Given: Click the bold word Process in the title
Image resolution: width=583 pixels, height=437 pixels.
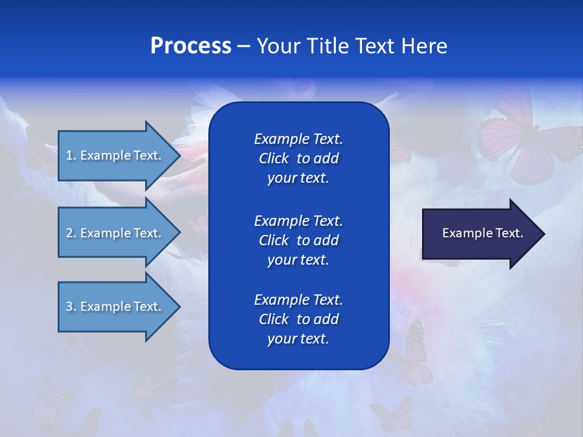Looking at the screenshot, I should pyautogui.click(x=191, y=46).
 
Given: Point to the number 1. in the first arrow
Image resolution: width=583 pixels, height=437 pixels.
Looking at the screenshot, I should pyautogui.click(x=71, y=155).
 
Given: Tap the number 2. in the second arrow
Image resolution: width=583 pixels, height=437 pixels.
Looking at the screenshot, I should pyautogui.click(x=71, y=233).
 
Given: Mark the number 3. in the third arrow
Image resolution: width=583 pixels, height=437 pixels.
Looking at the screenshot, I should pyautogui.click(x=71, y=307).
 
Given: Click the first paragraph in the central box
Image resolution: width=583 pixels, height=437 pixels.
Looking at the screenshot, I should pyautogui.click(x=298, y=158).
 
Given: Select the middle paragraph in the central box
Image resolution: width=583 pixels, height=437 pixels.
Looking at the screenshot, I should pyautogui.click(x=298, y=240).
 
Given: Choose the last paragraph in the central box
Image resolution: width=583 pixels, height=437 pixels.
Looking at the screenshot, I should pyautogui.click(x=298, y=319).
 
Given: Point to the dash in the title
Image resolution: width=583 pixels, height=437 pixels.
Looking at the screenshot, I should pyautogui.click(x=244, y=46).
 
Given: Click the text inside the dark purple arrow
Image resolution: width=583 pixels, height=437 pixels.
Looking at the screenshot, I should pyautogui.click(x=483, y=233).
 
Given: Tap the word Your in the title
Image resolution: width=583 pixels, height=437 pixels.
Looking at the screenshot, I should pyautogui.click(x=278, y=46).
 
